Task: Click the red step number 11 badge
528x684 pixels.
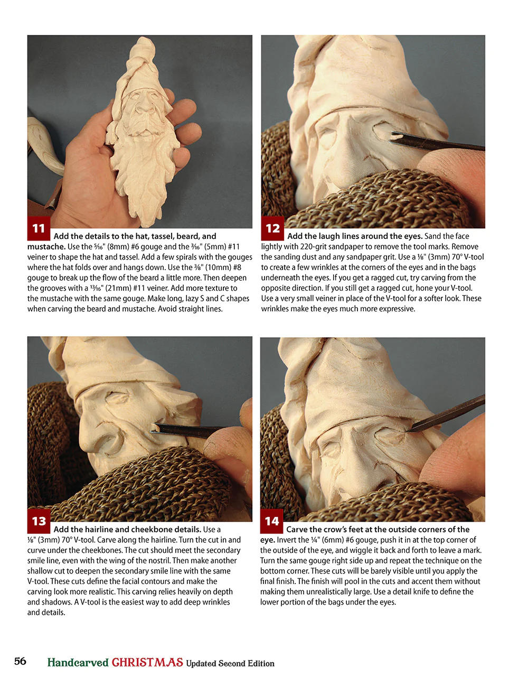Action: point(39,228)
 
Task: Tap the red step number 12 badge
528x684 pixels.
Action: point(272,228)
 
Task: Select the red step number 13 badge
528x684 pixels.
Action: point(39,521)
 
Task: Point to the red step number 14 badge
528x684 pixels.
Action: point(271,521)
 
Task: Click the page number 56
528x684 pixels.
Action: point(20,661)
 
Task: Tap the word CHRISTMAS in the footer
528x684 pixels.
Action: point(147,662)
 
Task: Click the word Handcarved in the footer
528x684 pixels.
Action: point(78,662)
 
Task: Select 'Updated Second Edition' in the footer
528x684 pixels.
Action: point(230,663)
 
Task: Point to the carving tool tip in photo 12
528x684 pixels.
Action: point(391,138)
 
